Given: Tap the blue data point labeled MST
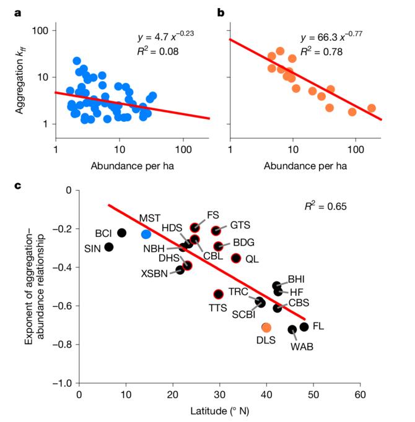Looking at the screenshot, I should click(146, 234).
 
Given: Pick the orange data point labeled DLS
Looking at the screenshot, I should click(266, 327).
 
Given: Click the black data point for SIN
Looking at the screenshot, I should click(109, 247).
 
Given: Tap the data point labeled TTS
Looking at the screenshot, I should click(218, 294).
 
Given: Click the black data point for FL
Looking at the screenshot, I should click(304, 326).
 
